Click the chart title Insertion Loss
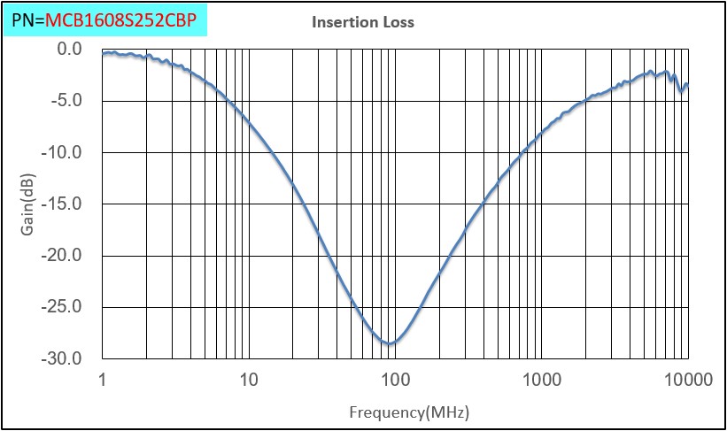pyautogui.click(x=363, y=22)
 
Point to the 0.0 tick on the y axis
pyautogui.click(x=68, y=49)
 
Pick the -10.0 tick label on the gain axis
pyautogui.click(x=63, y=152)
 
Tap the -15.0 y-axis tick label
pyautogui.click(x=63, y=204)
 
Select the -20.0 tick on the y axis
pyautogui.click(x=63, y=256)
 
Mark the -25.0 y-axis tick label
pyautogui.click(x=63, y=307)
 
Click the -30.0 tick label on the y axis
pyautogui.click(x=63, y=359)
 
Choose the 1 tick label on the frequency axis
pyautogui.click(x=103, y=381)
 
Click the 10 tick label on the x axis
pyautogui.click(x=249, y=381)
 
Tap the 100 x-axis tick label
pyautogui.click(x=395, y=381)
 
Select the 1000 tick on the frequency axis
pyautogui.click(x=542, y=381)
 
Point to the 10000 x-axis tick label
pyautogui.click(x=688, y=381)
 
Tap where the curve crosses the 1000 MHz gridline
pyautogui.click(x=542, y=137)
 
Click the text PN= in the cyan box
pyautogui.click(x=27, y=18)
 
